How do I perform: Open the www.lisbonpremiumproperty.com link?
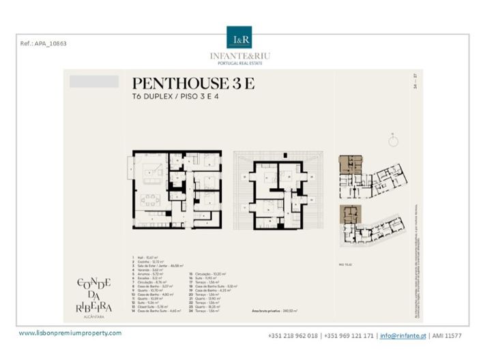point(70,333)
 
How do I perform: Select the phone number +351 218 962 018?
point(293,335)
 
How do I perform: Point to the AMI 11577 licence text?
point(446,335)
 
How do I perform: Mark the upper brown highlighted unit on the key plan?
point(350,164)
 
